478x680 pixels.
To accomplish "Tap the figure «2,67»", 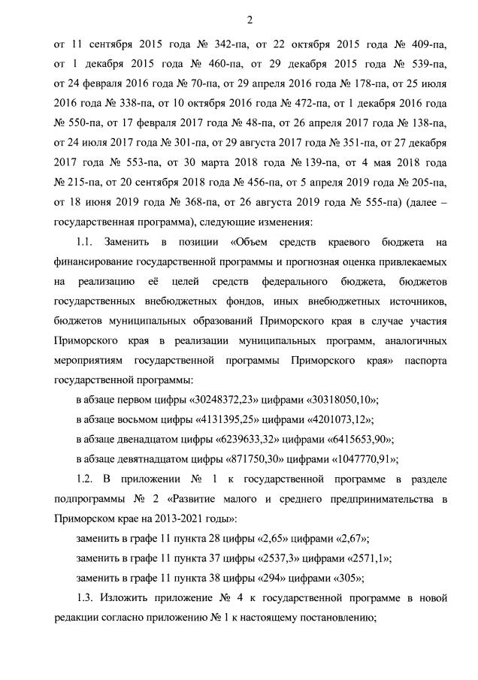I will click(x=343, y=539).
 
